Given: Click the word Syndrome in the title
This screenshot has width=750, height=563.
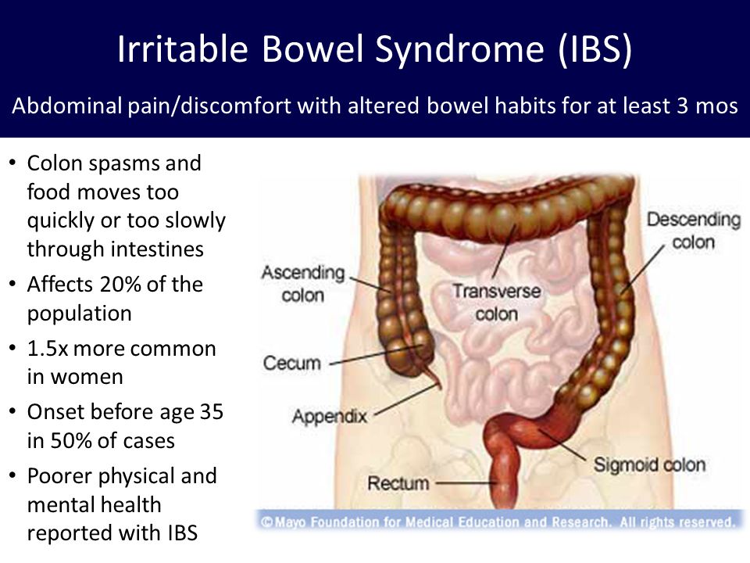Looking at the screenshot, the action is coord(459,50).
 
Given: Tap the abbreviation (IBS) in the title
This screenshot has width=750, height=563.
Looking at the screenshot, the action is coord(595,49).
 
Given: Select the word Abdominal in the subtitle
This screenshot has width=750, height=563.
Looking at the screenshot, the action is coord(67,106).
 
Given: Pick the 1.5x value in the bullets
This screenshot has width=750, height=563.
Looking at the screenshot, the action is coord(48,349).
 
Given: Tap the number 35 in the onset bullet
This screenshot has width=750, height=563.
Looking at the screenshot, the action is coord(212,412).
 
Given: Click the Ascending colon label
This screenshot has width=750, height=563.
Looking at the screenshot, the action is coord(303,283).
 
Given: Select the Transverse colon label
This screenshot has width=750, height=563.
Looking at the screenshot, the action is coord(497,303).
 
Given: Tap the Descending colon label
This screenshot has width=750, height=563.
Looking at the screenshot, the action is coord(694,231).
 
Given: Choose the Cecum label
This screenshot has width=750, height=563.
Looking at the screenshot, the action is coord(291,363).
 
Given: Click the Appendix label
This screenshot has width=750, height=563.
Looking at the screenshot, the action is coord(330,416).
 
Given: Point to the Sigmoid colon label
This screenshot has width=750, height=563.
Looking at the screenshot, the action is coord(649,464).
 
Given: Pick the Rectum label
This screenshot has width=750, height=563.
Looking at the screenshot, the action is coord(398,483).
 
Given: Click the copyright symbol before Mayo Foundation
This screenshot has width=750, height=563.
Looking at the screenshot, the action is coord(267,522).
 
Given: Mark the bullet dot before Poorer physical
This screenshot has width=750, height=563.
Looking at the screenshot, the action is coord(12,476).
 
